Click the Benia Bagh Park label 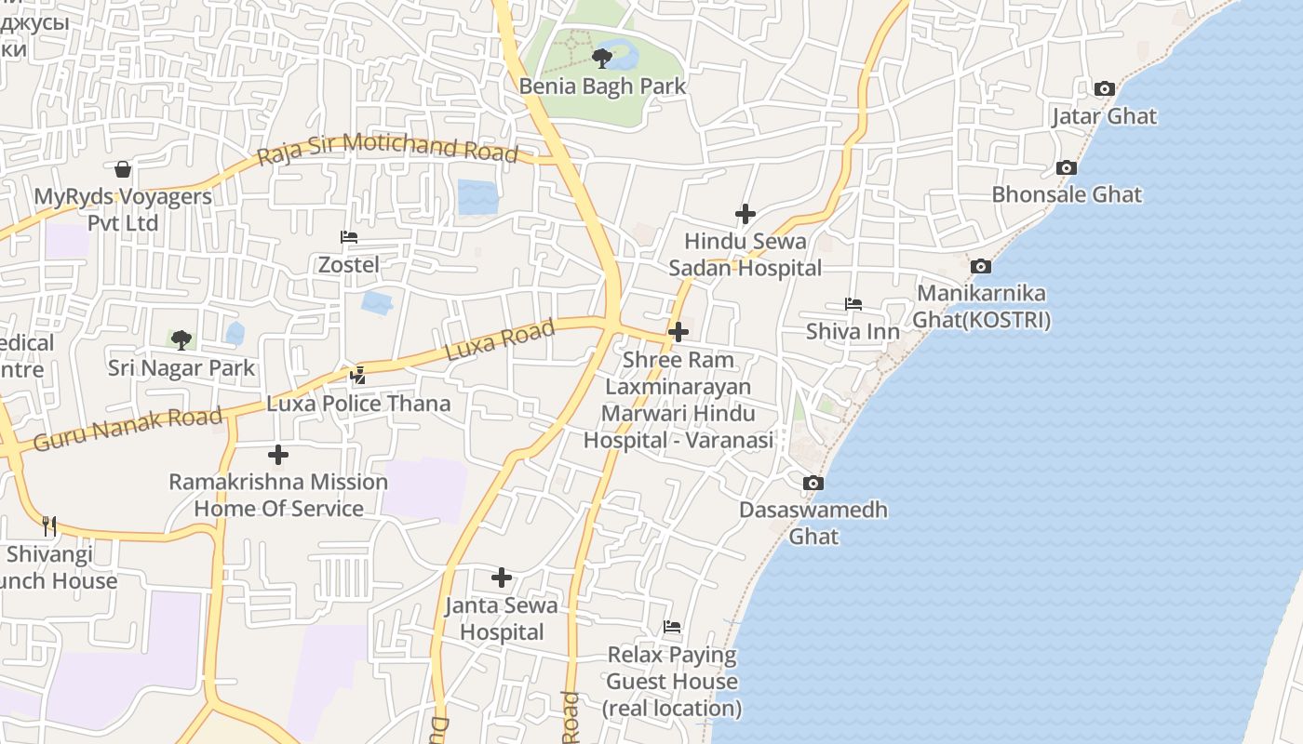(602, 86)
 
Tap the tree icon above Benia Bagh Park (602, 59)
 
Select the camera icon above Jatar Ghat (1105, 89)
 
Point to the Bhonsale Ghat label (1067, 194)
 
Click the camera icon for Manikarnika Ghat (980, 267)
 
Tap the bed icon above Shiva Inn (853, 304)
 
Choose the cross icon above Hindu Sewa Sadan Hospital (745, 215)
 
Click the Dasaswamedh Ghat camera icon (813, 484)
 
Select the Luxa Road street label (500, 340)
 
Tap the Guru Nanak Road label (128, 429)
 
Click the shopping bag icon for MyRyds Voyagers (122, 169)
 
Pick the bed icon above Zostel (349, 237)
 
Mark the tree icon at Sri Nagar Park (181, 340)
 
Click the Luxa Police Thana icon (358, 376)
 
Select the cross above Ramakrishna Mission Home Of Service (278, 455)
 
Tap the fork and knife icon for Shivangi (49, 526)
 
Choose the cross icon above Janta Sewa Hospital (502, 578)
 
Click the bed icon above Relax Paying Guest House (672, 627)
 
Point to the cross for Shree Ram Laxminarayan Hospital (678, 332)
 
